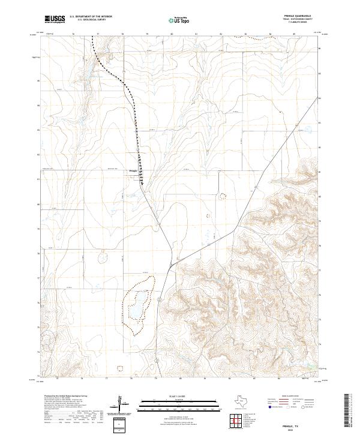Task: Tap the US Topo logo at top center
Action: point(179,20)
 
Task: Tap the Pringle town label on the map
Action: point(134,170)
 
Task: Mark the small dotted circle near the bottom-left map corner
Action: point(118,367)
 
